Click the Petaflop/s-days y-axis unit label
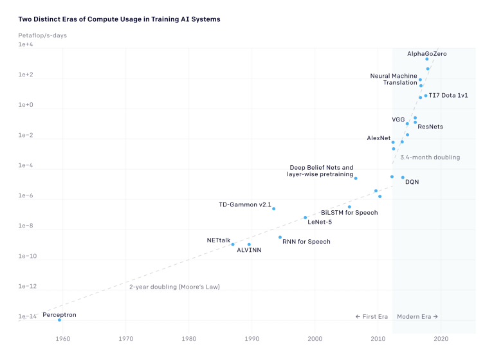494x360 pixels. pos(42,35)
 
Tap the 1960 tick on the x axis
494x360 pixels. pos(62,338)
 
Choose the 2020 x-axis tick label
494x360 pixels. pos(441,338)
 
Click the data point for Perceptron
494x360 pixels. pos(59,319)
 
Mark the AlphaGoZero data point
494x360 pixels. pos(426,59)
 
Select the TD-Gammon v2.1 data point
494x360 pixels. pos(273,208)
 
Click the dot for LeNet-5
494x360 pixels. pos(306,217)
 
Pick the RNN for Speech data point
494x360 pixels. pos(280,237)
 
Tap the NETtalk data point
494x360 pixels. pos(233,244)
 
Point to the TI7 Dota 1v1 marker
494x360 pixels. pos(425,96)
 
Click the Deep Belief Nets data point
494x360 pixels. pos(356,178)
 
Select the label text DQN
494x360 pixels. pos(412,182)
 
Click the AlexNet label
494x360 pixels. pos(378,138)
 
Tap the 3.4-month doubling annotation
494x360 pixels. pos(430,157)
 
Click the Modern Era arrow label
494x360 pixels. pos(417,316)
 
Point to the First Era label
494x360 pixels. pos(371,316)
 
